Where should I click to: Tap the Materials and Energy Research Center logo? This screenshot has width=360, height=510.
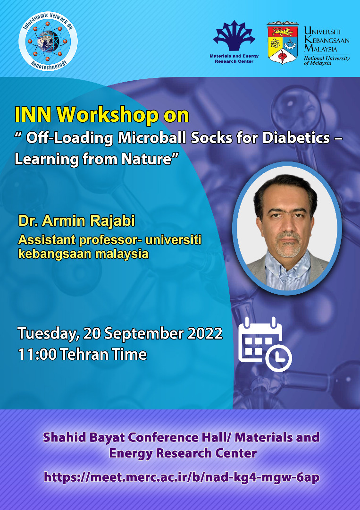pos(234,38)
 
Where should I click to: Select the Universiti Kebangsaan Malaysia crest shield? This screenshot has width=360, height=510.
pos(282,43)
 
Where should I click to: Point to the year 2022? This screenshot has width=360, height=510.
pos(204,333)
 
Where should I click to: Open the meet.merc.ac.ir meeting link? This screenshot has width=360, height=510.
pos(182,477)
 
